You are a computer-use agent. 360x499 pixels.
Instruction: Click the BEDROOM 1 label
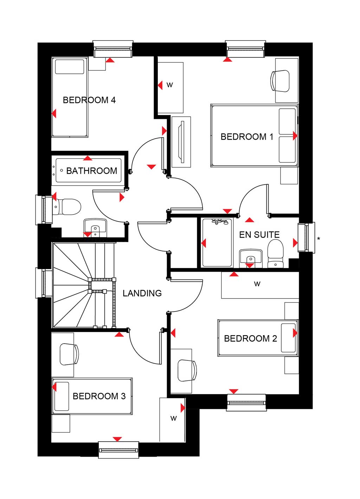click(247, 137)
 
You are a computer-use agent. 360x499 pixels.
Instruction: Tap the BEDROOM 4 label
click(89, 100)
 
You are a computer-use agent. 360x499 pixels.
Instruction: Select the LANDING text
click(142, 293)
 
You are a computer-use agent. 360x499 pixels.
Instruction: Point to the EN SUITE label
click(259, 235)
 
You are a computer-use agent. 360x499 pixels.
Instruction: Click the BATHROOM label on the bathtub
click(91, 171)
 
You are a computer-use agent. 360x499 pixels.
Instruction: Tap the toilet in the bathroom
click(67, 207)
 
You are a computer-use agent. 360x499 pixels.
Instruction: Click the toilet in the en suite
click(275, 254)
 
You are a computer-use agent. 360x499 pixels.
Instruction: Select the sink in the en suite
click(251, 258)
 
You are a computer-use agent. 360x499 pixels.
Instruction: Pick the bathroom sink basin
click(95, 228)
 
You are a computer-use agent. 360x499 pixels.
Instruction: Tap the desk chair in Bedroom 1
click(280, 81)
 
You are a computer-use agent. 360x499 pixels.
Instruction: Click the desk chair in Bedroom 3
click(69, 354)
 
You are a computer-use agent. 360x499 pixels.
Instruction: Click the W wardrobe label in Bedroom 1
click(169, 85)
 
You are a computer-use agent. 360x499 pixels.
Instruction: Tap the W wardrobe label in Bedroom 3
click(174, 418)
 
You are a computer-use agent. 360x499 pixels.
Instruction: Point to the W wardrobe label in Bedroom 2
click(257, 284)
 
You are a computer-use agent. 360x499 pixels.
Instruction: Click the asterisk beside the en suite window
click(319, 238)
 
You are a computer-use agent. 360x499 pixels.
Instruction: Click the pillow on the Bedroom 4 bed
click(70, 66)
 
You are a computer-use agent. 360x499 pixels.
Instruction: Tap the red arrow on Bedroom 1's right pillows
click(295, 135)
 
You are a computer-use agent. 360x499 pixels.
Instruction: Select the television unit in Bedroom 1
click(181, 142)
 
